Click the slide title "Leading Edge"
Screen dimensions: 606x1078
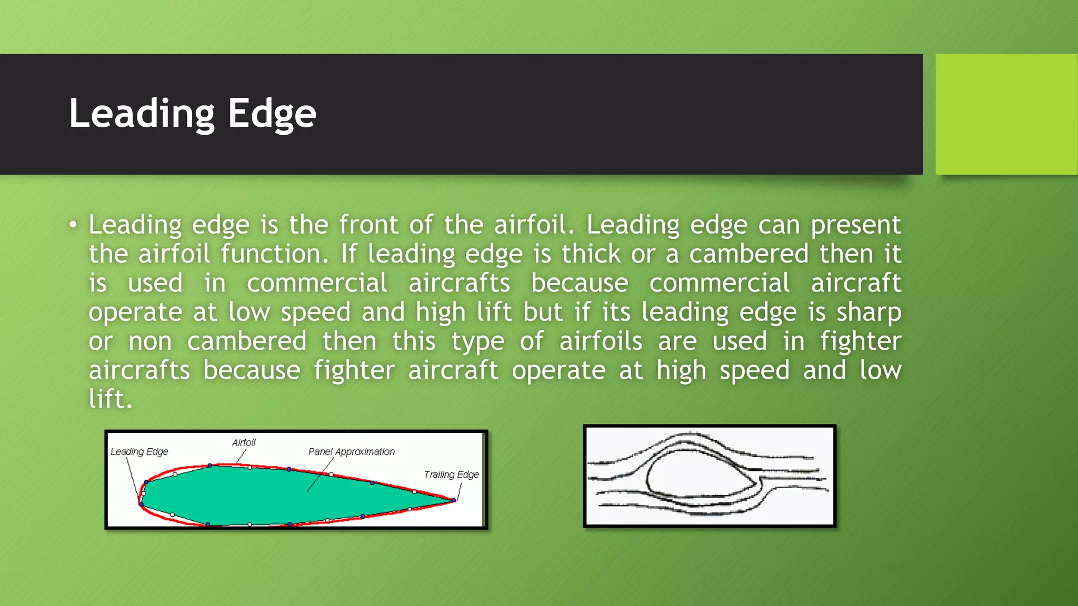tap(193, 113)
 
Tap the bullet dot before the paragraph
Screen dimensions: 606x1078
tap(73, 225)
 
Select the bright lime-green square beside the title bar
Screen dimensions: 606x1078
tap(1006, 114)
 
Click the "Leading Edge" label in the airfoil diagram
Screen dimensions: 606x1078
tap(139, 452)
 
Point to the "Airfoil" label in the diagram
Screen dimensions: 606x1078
tap(244, 443)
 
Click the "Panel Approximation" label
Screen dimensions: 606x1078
tap(351, 452)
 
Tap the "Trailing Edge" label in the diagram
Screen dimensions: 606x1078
tap(451, 474)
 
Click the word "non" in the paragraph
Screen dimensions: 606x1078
tap(150, 341)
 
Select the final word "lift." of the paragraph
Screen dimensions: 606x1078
tap(110, 399)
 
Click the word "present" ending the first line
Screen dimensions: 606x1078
tap(855, 226)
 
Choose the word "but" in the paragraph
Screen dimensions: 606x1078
tap(544, 312)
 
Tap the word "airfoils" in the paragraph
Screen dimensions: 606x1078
tap(601, 341)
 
